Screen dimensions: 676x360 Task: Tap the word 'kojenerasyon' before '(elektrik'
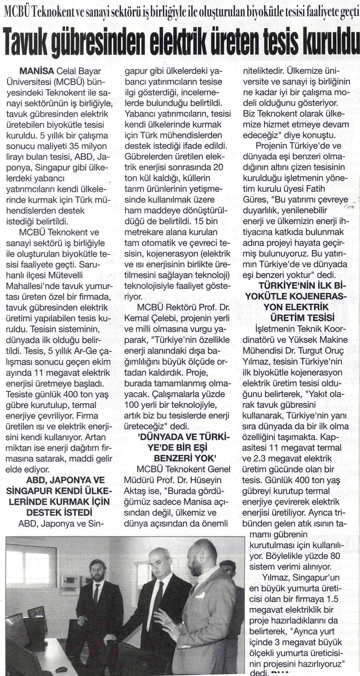171,253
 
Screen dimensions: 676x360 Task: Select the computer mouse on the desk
61,669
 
